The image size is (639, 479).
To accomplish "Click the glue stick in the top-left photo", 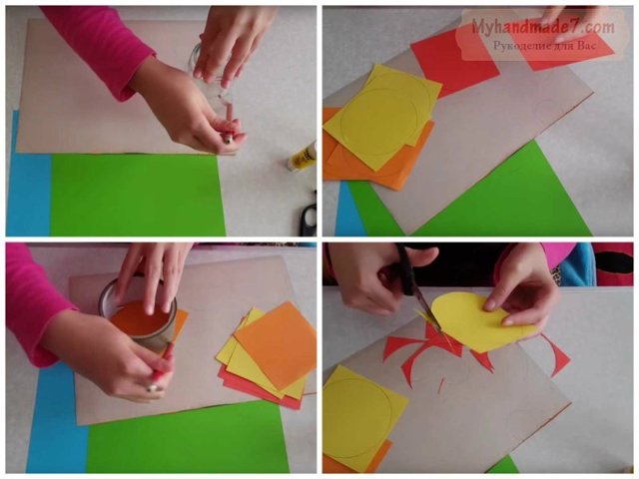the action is pos(302,158).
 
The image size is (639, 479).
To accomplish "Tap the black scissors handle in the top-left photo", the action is pos(309,216).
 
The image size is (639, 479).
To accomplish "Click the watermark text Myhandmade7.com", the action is pos(543,27).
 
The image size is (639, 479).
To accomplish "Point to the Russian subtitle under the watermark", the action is pos(544,45).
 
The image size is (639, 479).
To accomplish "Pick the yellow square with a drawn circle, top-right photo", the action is pos(382,117).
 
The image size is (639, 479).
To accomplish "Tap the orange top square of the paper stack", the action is pos(277,343).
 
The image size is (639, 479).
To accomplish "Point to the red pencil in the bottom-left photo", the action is pos(162,362).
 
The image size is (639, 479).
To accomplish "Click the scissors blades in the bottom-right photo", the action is pos(427,309).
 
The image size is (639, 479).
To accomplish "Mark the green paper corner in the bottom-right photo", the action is pos(504,465).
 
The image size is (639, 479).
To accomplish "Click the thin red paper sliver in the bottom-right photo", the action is pos(441,385).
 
